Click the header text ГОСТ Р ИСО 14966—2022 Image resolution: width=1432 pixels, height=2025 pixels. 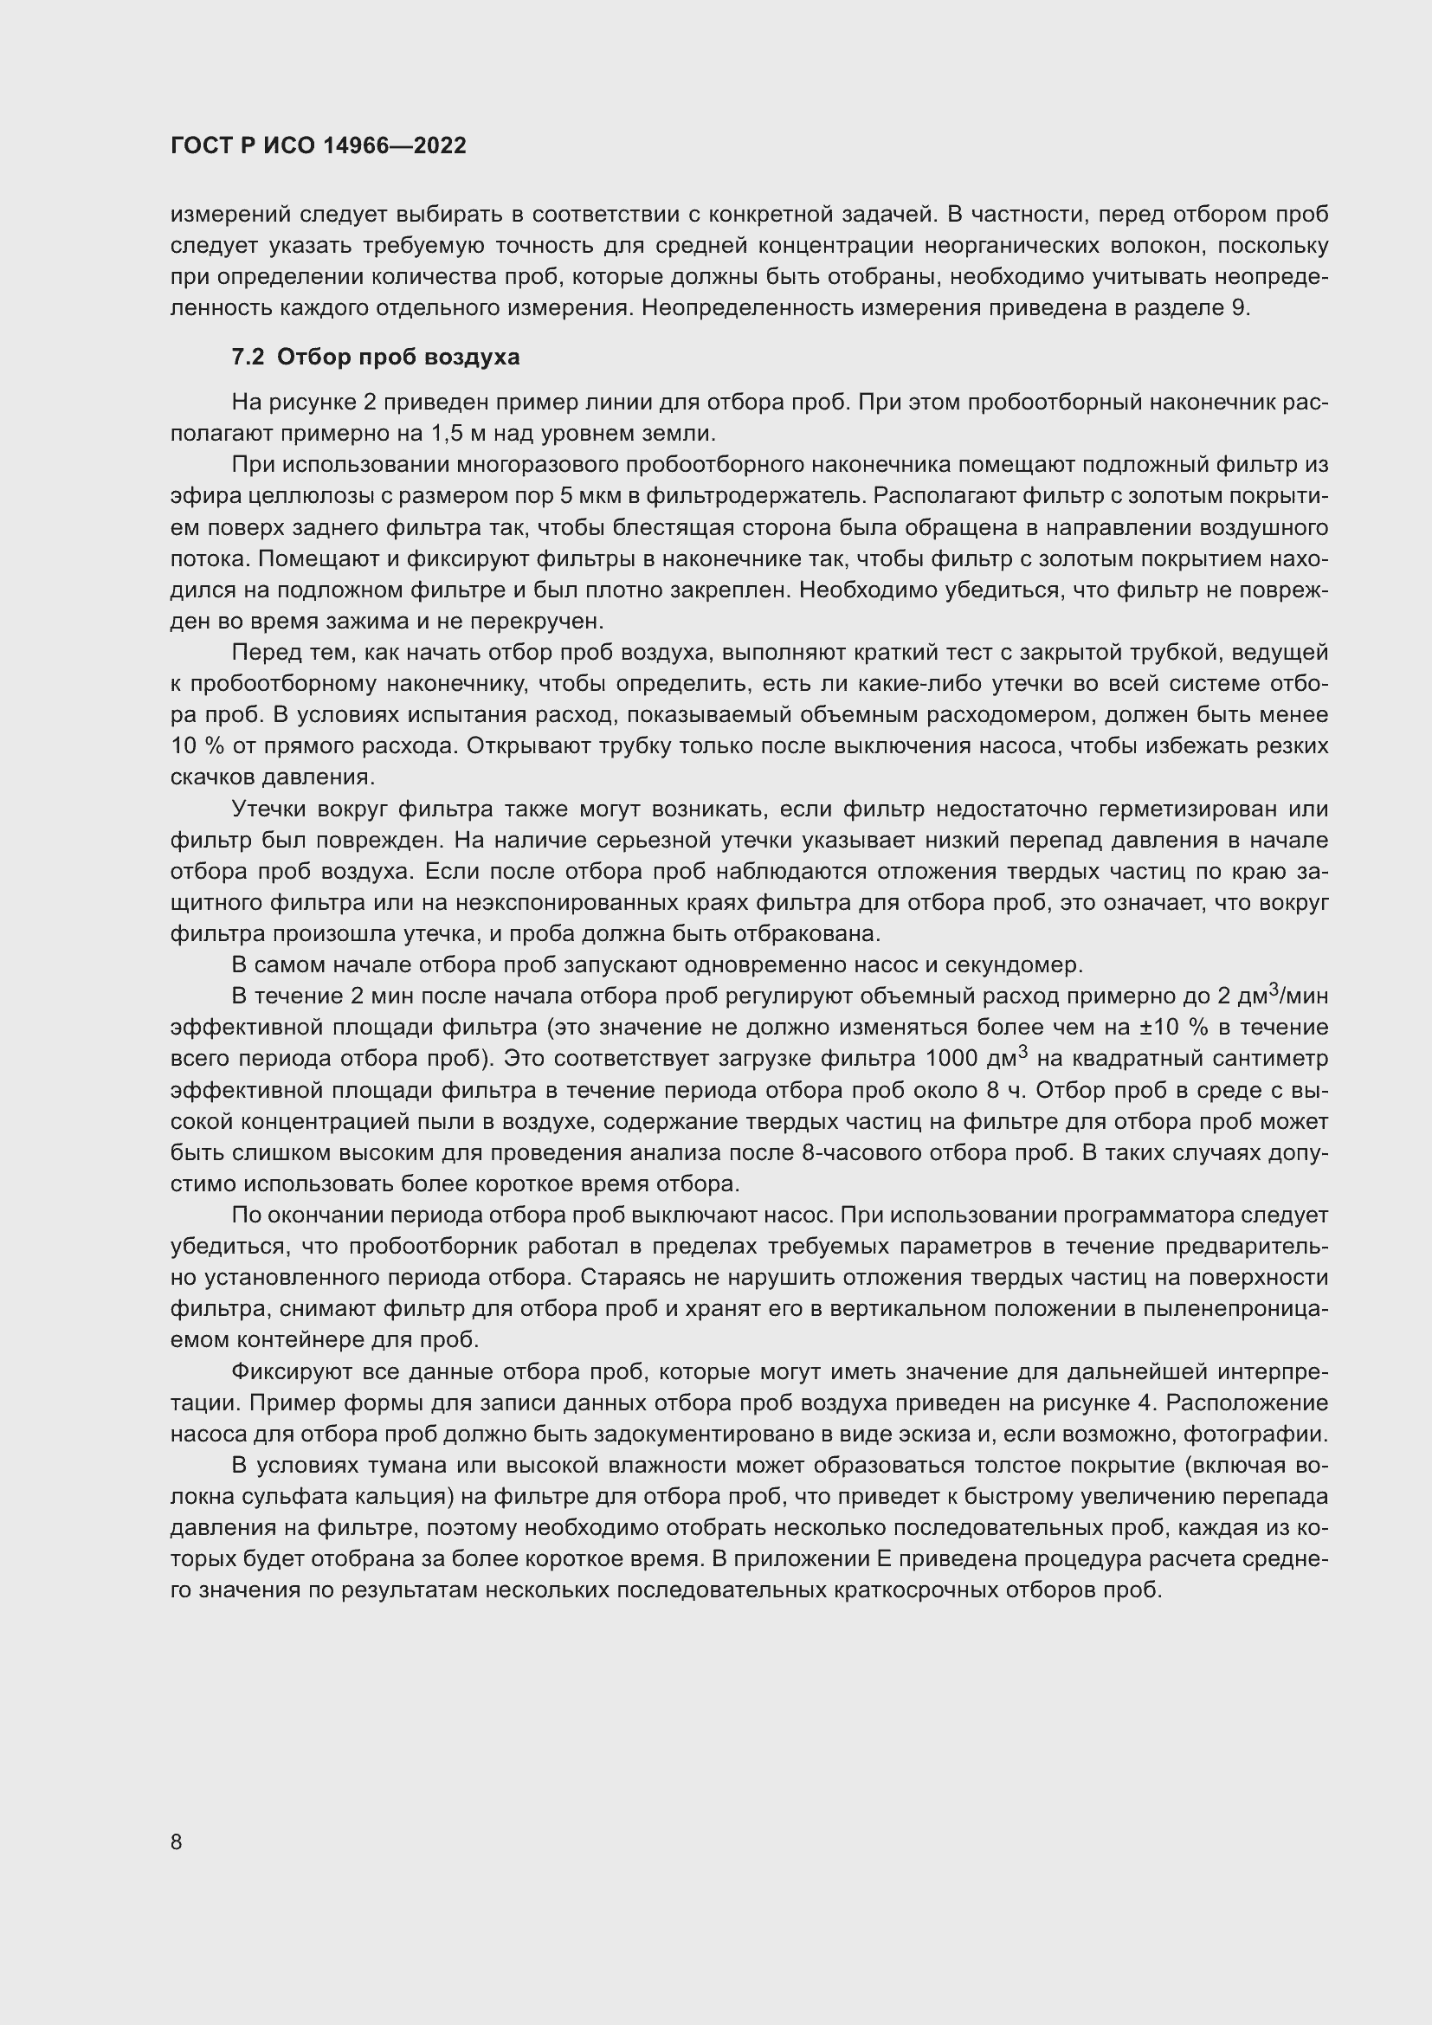(x=318, y=146)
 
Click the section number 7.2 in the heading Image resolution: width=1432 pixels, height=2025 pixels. (x=248, y=358)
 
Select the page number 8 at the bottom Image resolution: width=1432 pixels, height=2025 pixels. (x=177, y=1841)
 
